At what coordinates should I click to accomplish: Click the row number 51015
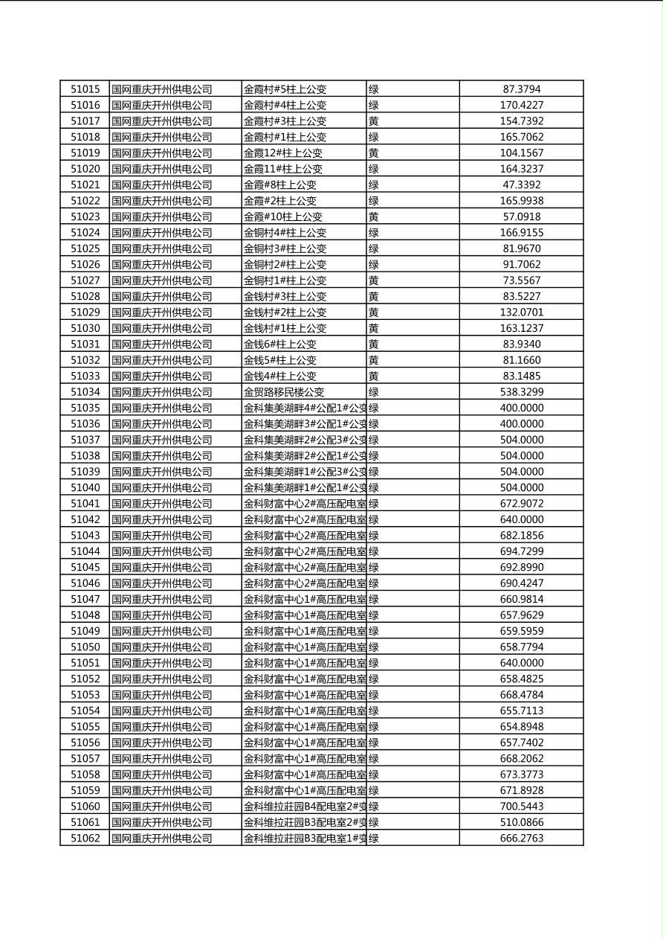pos(85,89)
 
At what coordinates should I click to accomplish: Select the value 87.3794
pos(522,89)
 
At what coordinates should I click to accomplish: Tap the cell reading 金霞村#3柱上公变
pos(285,121)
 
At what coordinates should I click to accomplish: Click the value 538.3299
pos(522,392)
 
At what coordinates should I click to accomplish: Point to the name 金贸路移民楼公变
pos(284,392)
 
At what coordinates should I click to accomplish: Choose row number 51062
pos(85,839)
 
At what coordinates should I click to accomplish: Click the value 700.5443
pos(522,807)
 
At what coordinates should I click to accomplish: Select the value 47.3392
pos(522,185)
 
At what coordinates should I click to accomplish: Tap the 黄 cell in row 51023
pos(374,217)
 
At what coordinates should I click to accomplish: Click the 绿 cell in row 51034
pos(374,392)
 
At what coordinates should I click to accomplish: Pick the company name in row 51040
pos(162,488)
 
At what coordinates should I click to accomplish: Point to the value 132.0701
pos(522,313)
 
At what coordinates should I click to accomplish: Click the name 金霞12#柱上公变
pos(283,153)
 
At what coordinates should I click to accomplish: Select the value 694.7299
pos(522,551)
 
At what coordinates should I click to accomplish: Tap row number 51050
pos(85,647)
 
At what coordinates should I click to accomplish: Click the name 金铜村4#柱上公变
pos(285,233)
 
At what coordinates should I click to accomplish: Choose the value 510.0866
pos(522,822)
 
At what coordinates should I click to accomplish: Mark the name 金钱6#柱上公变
pos(280,344)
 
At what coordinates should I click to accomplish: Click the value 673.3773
pos(522,775)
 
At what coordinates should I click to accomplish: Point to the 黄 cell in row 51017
pos(374,121)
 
